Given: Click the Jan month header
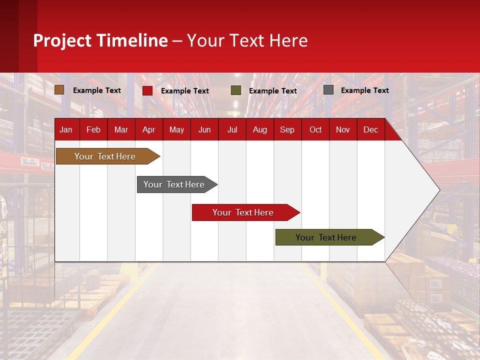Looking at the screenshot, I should [x=66, y=129].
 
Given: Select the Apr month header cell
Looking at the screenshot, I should [x=148, y=129].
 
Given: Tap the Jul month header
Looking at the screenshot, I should [x=232, y=129].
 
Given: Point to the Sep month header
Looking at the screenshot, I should [x=287, y=129].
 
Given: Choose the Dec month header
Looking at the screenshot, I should [x=370, y=129].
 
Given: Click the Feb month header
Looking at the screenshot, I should [x=93, y=129].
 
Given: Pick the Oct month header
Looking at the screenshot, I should [x=315, y=129].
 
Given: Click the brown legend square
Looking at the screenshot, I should [x=59, y=90].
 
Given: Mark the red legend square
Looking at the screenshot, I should [x=147, y=90].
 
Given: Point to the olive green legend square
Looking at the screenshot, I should [x=236, y=90].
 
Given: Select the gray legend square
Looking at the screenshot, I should [x=328, y=90].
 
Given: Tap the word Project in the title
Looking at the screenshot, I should [x=61, y=40].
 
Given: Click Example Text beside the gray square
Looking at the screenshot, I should [x=364, y=90].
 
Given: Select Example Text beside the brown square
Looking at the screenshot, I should [x=97, y=90].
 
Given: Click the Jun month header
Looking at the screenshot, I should [x=204, y=129].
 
